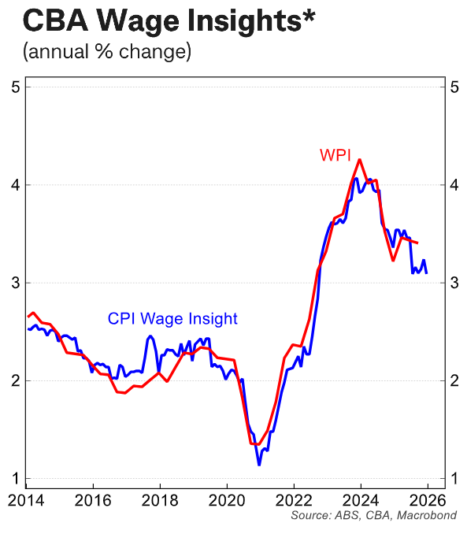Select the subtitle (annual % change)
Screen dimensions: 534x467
(106, 54)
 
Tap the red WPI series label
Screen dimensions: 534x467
(336, 154)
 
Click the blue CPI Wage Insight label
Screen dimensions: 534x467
(172, 318)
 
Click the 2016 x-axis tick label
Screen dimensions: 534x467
(92, 499)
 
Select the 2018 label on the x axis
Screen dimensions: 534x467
(160, 499)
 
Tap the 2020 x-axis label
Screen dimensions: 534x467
(227, 499)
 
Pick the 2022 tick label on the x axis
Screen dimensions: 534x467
(294, 499)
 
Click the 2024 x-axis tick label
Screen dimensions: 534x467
(361, 499)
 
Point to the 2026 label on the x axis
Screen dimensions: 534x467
(428, 499)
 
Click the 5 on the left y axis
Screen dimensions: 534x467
(15, 87)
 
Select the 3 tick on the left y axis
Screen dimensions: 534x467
(15, 283)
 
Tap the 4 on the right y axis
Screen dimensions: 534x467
(454, 185)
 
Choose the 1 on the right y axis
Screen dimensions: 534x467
(454, 479)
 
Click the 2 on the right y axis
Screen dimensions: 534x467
(454, 380)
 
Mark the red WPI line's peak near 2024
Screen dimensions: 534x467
(359, 160)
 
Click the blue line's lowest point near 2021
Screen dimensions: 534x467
(259, 465)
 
